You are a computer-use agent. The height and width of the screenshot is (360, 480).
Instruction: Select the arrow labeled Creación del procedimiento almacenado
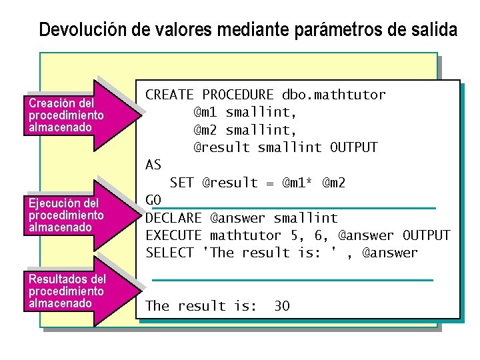click(73, 115)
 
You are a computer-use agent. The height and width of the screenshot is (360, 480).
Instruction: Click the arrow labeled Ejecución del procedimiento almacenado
click(73, 215)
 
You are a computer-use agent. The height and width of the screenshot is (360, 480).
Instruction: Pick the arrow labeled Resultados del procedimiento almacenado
click(73, 291)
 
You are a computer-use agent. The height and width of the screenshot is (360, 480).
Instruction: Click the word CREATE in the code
click(169, 95)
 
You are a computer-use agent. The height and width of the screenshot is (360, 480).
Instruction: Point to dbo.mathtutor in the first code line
click(333, 95)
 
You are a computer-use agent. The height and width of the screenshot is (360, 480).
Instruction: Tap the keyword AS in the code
click(153, 165)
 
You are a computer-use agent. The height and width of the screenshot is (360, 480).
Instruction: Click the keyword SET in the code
click(181, 182)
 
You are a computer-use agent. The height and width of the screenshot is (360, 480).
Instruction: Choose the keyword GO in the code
click(153, 200)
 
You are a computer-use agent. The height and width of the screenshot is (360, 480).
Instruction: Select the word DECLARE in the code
click(173, 218)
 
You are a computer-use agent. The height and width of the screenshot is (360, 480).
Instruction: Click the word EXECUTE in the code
click(173, 235)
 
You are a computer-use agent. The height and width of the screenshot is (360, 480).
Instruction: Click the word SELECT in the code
click(169, 253)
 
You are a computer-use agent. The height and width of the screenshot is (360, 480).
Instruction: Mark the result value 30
click(282, 306)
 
